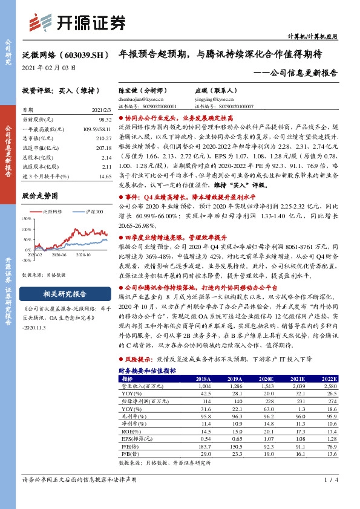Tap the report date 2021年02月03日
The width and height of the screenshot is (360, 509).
coord(49,68)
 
